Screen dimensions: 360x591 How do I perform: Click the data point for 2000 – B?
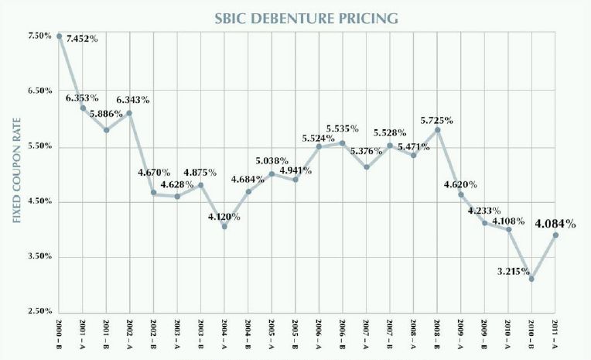point(59,36)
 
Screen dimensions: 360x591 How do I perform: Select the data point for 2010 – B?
point(531,279)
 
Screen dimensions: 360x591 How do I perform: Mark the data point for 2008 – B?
point(438,130)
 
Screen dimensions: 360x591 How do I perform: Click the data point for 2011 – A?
point(555,235)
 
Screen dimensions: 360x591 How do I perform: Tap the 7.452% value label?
point(82,39)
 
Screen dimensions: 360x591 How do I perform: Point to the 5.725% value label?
point(437,120)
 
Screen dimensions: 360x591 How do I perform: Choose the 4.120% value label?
point(224,217)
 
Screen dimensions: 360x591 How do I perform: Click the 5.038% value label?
point(272,162)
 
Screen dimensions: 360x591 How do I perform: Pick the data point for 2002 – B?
point(153,193)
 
